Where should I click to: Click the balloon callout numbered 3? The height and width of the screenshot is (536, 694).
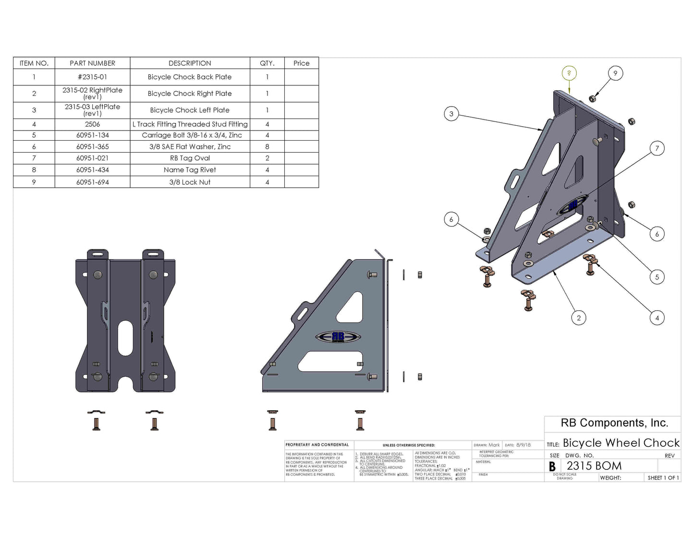pos(451,114)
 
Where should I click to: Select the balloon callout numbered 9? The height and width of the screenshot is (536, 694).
pos(615,73)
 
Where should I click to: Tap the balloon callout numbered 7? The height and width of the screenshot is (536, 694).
pos(657,148)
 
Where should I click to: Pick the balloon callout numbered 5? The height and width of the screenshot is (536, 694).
pos(657,277)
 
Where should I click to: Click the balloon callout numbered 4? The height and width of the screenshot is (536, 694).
pos(657,318)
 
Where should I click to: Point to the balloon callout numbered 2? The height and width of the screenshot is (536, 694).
pos(579,318)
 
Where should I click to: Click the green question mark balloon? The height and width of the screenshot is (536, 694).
pos(569,73)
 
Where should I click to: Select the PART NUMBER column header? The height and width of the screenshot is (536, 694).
pos(92,63)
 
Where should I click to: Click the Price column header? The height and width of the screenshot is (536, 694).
pos(301,63)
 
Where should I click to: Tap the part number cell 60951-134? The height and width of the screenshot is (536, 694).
pos(92,135)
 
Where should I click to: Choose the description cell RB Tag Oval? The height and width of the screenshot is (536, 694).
pos(190,158)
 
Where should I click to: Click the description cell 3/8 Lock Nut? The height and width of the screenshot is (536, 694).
pos(190,182)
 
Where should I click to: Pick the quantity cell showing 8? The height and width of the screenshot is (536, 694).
pos(267,147)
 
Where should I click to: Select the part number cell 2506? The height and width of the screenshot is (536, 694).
pos(92,124)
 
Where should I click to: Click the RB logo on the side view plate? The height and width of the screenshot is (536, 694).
pos(338,337)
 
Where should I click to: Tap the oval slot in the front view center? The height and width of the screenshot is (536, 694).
pos(125,338)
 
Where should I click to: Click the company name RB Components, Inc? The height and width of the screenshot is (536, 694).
pos(614,423)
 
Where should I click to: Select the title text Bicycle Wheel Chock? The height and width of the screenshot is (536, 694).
pos(621,443)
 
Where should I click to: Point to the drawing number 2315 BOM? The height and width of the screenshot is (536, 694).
pos(594,466)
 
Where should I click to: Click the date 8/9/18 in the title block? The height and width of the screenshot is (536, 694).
pos(524,445)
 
